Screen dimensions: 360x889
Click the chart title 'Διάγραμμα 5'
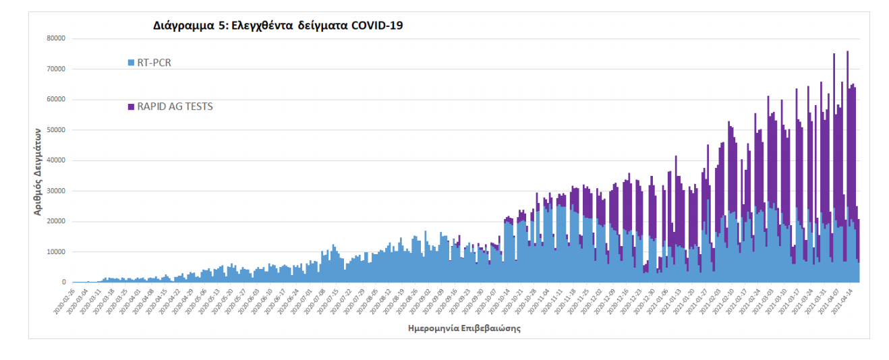pyautogui.click(x=191, y=26)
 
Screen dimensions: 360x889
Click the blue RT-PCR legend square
pyautogui.click(x=131, y=63)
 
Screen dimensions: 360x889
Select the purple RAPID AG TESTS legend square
pyautogui.click(x=131, y=107)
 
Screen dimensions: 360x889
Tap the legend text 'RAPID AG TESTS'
pyautogui.click(x=175, y=107)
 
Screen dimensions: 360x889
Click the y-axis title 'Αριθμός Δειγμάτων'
pyautogui.click(x=39, y=172)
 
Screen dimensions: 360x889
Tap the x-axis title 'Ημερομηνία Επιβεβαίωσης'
pyautogui.click(x=464, y=329)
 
